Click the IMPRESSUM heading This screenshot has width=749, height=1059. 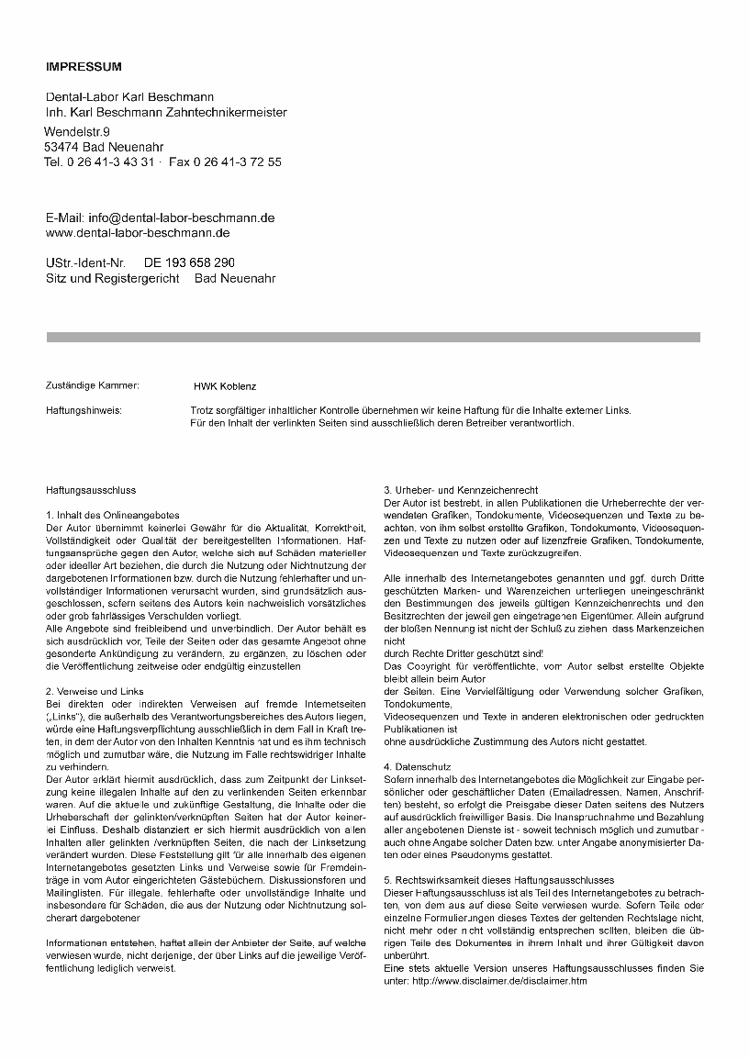point(84,67)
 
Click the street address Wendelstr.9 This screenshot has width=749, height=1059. point(77,132)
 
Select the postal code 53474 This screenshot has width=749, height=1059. point(61,147)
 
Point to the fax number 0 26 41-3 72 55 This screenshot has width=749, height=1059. point(238,162)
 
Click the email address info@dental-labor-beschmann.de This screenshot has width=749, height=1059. point(181,218)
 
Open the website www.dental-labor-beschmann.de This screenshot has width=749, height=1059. point(138,233)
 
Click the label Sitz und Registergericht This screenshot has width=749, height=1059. point(113,278)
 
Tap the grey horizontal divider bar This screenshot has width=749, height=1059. point(374,338)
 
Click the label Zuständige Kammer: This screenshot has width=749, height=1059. point(93,385)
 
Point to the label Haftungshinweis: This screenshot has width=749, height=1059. point(84,410)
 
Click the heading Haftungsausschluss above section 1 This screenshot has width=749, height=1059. point(91,491)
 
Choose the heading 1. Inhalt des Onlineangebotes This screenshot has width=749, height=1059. point(113,516)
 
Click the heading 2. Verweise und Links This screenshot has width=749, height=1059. point(95,690)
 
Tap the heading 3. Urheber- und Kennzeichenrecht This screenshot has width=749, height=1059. point(461,490)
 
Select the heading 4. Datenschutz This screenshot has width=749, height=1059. point(418,765)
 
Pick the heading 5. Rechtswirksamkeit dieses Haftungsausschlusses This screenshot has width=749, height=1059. point(498,879)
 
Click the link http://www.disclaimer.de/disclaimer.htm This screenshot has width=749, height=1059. point(499,980)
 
